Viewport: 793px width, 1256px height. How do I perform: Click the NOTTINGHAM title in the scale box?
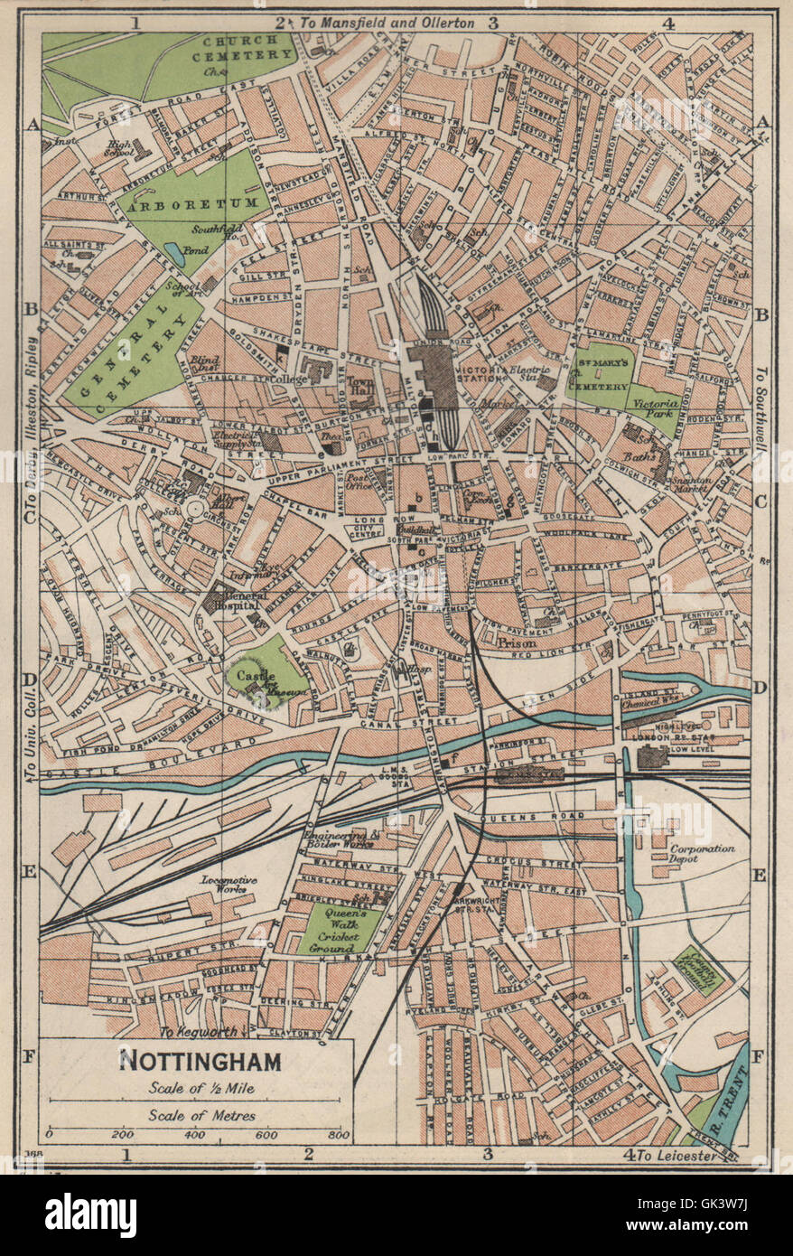coord(201,1060)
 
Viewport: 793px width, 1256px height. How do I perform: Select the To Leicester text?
coord(677,1155)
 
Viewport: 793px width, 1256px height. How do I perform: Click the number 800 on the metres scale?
coord(339,1133)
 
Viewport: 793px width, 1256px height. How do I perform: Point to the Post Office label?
coord(359,481)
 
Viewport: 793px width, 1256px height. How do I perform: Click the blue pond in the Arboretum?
coord(175,257)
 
